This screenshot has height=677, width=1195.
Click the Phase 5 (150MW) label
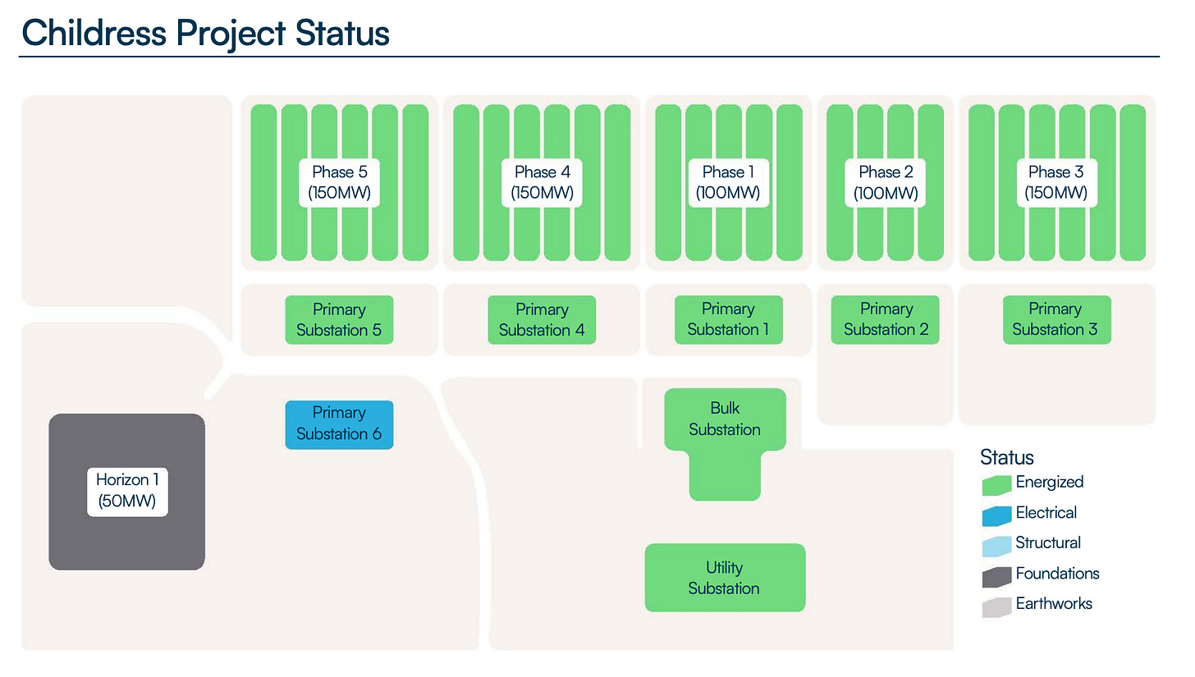pyautogui.click(x=339, y=183)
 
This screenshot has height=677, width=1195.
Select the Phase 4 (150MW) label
pyautogui.click(x=542, y=183)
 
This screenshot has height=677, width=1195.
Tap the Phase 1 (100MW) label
pyautogui.click(x=728, y=183)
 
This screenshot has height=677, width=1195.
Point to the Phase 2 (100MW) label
pyautogui.click(x=886, y=183)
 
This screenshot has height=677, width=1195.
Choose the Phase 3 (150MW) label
pyautogui.click(x=1055, y=183)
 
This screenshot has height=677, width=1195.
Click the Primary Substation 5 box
pyautogui.click(x=339, y=320)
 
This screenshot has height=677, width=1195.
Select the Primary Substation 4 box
pyautogui.click(x=542, y=320)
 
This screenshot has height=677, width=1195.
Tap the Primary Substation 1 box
pyautogui.click(x=728, y=319)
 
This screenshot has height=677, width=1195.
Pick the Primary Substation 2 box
pyautogui.click(x=886, y=319)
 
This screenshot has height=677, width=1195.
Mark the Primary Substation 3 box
pyautogui.click(x=1055, y=319)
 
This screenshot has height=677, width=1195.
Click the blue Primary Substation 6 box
pyautogui.click(x=339, y=424)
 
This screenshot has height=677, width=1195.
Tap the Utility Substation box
pyautogui.click(x=725, y=578)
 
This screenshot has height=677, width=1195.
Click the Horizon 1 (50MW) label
pyautogui.click(x=127, y=491)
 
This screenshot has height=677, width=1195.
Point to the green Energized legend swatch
pyautogui.click(x=996, y=485)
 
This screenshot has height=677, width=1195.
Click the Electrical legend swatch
pyautogui.click(x=996, y=515)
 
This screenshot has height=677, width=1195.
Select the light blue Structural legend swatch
pyautogui.click(x=996, y=546)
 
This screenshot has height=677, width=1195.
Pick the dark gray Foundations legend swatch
pyautogui.click(x=996, y=577)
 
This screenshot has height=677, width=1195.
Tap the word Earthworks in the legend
pyautogui.click(x=1054, y=604)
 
